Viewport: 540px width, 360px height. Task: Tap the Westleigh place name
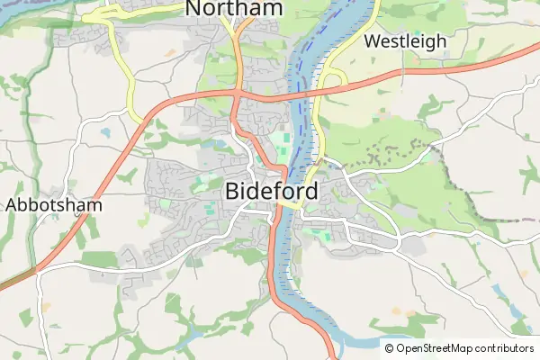404,41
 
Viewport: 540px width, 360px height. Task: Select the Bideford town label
271,192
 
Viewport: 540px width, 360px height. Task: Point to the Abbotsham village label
54,204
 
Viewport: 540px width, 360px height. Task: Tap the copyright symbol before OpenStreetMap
390,348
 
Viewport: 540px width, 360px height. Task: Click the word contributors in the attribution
505,348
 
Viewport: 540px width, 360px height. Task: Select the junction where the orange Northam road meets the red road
238,92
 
